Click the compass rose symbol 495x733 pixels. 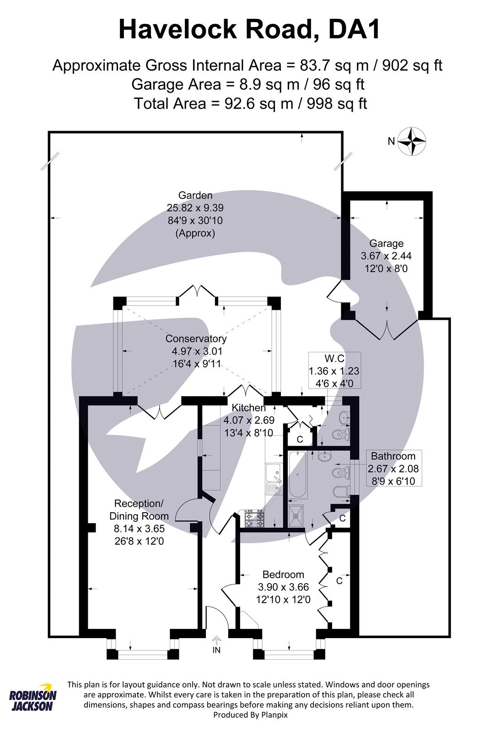click(x=412, y=141)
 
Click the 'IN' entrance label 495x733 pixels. click(x=216, y=650)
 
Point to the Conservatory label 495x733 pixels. click(x=196, y=339)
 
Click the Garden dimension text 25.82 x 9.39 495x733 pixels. click(x=195, y=208)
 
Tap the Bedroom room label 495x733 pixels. click(x=283, y=574)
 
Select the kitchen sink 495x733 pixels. click(x=274, y=478)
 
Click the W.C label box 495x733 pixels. click(x=334, y=370)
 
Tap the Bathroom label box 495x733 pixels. click(x=393, y=468)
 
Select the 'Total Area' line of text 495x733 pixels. click(x=250, y=104)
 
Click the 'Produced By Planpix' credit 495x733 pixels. click(x=250, y=714)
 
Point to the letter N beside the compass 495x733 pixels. click(x=391, y=142)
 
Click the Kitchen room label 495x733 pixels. click(x=248, y=407)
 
